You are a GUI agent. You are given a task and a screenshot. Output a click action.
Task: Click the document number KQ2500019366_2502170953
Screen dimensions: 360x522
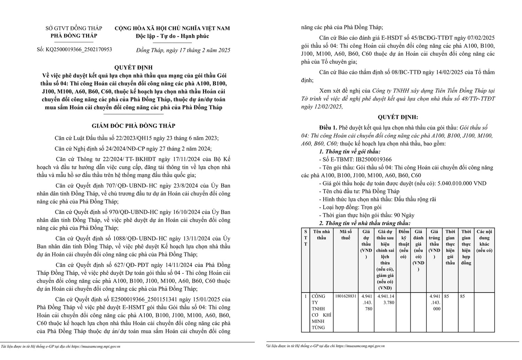point(79,49)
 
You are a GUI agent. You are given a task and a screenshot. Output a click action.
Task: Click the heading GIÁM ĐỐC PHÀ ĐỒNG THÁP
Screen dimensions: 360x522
point(134,126)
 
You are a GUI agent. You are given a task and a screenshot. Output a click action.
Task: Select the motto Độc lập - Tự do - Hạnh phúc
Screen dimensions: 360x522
point(172,36)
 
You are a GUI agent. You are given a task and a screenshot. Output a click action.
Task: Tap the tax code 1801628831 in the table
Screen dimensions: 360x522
point(346,296)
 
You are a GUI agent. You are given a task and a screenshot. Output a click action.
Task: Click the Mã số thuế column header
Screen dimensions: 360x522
point(346,235)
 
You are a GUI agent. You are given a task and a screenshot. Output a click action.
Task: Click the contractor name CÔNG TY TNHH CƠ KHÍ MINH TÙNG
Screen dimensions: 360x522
point(319,312)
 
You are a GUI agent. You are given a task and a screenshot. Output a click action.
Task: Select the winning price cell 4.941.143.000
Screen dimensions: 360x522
point(434,303)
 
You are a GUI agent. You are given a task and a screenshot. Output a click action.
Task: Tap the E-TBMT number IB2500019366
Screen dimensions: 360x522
point(373,159)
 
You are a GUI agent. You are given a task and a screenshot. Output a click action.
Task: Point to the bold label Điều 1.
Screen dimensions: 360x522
point(328,128)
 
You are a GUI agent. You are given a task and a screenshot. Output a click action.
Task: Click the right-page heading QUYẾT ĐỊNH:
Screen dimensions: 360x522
point(398,117)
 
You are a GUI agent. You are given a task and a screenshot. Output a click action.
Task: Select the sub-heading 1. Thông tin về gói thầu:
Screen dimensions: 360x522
point(350,151)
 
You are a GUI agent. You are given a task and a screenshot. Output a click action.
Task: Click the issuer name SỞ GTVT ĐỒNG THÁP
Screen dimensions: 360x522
point(74,28)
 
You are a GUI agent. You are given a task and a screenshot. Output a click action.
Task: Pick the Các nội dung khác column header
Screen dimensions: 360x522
point(484,241)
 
